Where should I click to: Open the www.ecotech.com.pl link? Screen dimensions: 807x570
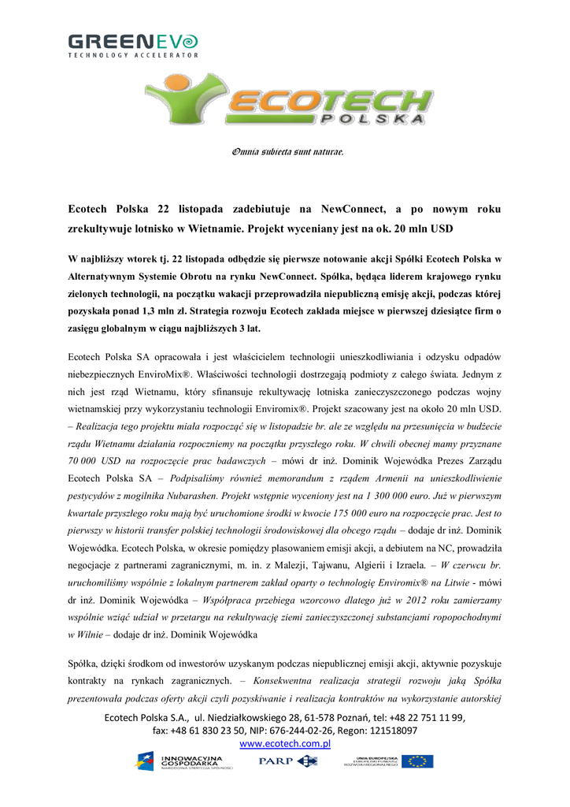coord(284,743)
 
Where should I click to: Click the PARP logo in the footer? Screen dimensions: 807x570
coord(288,761)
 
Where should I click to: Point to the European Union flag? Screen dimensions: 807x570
coord(417,761)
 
